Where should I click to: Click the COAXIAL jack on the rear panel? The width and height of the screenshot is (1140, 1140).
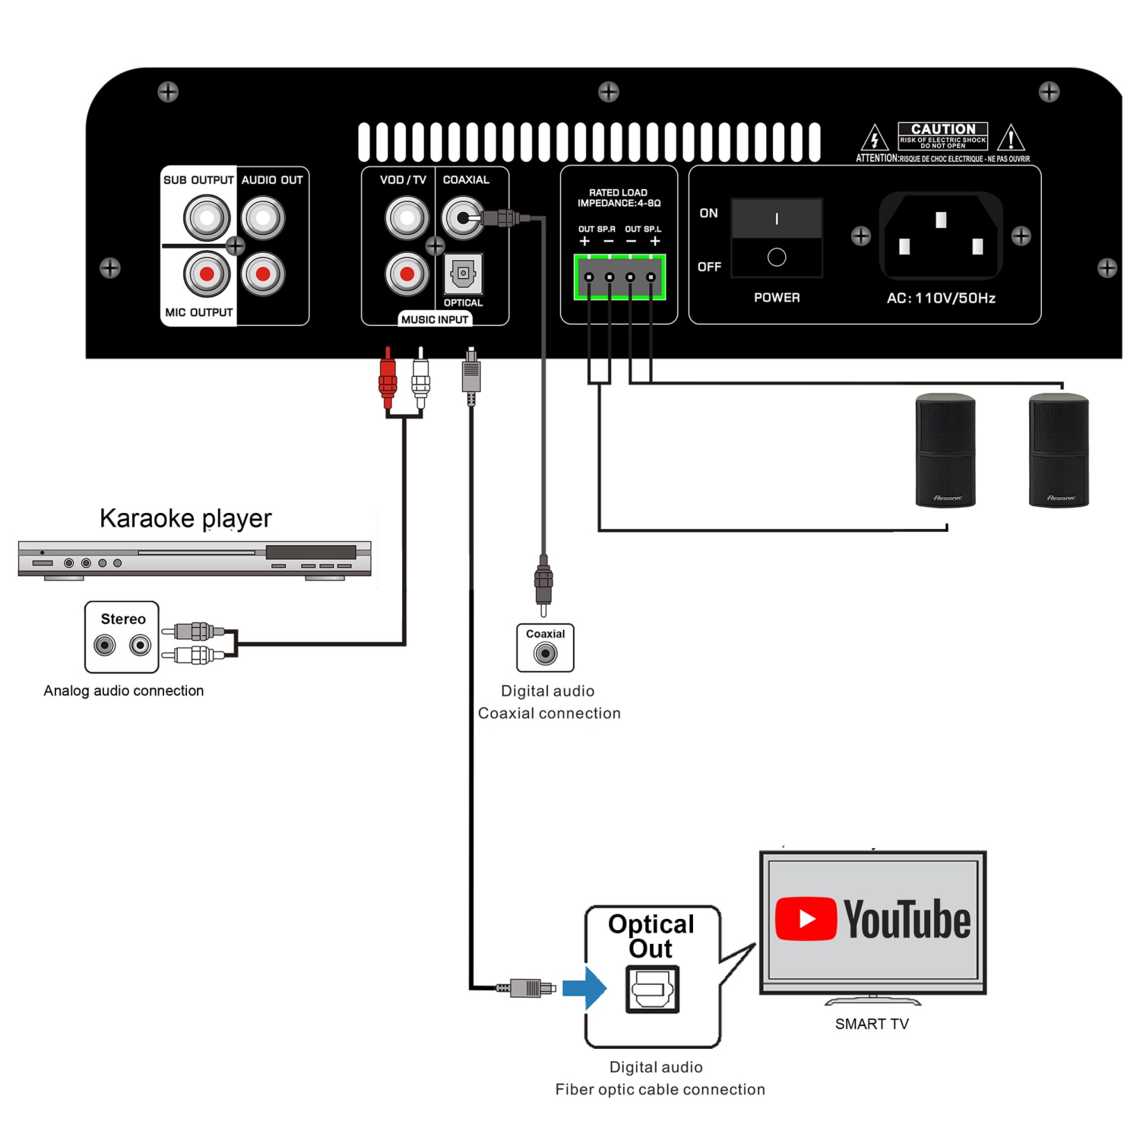pyautogui.click(x=462, y=218)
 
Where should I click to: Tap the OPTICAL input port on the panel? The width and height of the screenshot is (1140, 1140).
pyautogui.click(x=463, y=274)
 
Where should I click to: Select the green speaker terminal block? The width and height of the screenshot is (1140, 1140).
pyautogui.click(x=619, y=277)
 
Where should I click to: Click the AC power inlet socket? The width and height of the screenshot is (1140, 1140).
pyautogui.click(x=941, y=236)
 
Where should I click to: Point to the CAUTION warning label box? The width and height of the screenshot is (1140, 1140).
pyautogui.click(x=942, y=135)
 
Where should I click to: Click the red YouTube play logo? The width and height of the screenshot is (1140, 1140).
pyautogui.click(x=806, y=919)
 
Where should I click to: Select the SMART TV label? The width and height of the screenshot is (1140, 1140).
pyautogui.click(x=872, y=1024)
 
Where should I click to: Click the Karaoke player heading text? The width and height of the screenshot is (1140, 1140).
pyautogui.click(x=185, y=518)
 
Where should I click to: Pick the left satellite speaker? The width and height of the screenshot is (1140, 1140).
pyautogui.click(x=945, y=450)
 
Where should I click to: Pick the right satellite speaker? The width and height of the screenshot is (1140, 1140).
pyautogui.click(x=1059, y=450)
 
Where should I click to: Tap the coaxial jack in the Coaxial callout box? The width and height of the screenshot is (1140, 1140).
pyautogui.click(x=545, y=653)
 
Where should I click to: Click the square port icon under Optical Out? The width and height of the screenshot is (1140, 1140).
pyautogui.click(x=652, y=989)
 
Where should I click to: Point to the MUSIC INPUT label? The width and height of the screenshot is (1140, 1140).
pyautogui.click(x=435, y=319)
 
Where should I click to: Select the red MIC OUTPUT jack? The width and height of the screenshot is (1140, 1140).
pyautogui.click(x=207, y=274)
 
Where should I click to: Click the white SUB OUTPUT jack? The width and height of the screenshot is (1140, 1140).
pyautogui.click(x=207, y=218)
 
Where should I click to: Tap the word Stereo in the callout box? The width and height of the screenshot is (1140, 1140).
pyautogui.click(x=123, y=619)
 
